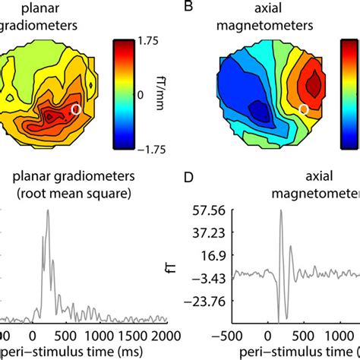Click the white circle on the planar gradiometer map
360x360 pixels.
pyautogui.click(x=75, y=110)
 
